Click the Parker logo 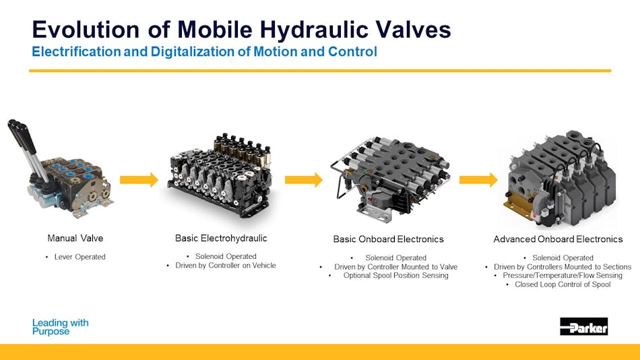[x=583, y=327]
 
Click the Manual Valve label [x=75, y=238]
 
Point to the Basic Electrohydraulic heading [x=221, y=238]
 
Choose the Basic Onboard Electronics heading [x=389, y=239]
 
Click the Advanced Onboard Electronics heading [x=558, y=239]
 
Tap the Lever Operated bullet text [x=79, y=257]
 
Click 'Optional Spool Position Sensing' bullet [x=393, y=275]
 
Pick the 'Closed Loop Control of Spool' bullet [x=563, y=284]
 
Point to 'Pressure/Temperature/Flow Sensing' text [x=563, y=275]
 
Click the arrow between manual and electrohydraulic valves [x=139, y=179]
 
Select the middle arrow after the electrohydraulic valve [x=304, y=179]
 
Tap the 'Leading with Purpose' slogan [x=60, y=327]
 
